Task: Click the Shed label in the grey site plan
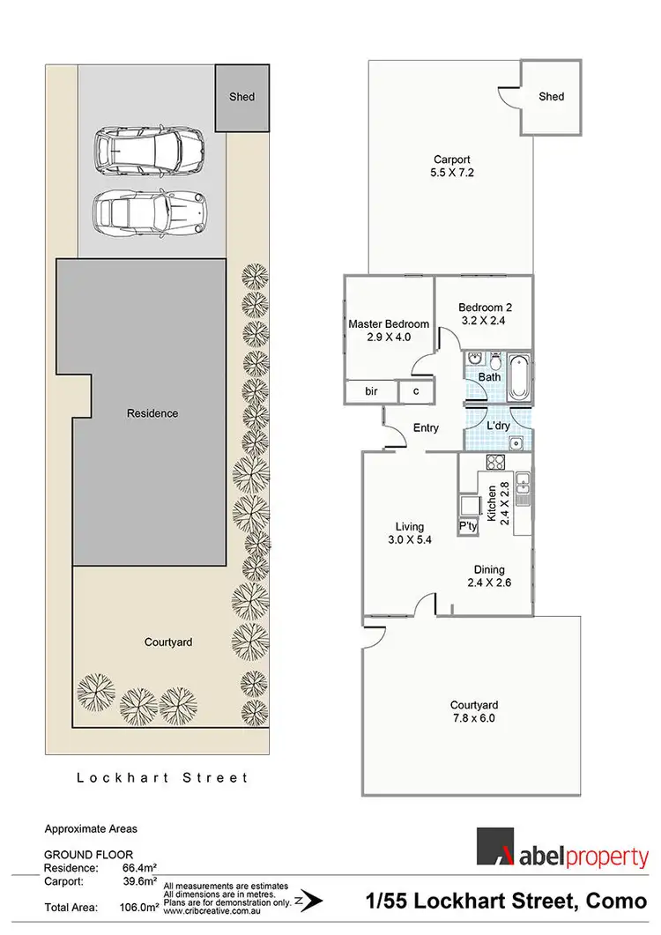click(x=241, y=96)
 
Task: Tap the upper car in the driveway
click(x=148, y=151)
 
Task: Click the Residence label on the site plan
click(x=152, y=413)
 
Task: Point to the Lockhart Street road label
click(x=162, y=777)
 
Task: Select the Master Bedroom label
click(x=389, y=330)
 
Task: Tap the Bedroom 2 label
click(x=485, y=314)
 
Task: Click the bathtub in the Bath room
click(x=516, y=367)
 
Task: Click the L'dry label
click(x=499, y=426)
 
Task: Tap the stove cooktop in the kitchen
click(x=494, y=463)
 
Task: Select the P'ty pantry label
click(x=467, y=526)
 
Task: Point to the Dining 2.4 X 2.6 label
click(x=488, y=575)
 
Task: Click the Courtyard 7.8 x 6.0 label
click(x=474, y=712)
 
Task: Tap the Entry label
click(x=426, y=428)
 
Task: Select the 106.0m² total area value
click(x=137, y=905)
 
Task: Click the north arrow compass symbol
click(x=308, y=901)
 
